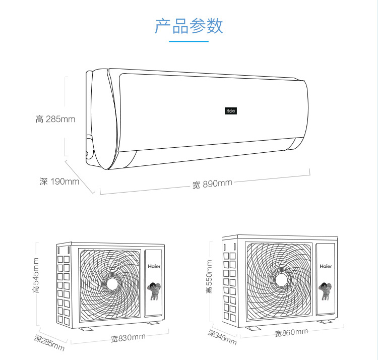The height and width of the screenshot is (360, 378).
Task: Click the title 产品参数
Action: click(x=189, y=26)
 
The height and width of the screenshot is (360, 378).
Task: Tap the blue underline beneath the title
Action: click(x=188, y=41)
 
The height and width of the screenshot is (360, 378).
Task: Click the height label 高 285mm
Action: click(x=55, y=119)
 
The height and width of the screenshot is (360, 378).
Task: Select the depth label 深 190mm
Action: click(x=59, y=182)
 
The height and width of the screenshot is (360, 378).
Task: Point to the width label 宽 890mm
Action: click(x=212, y=184)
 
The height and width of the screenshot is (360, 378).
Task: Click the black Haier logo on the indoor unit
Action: click(x=231, y=111)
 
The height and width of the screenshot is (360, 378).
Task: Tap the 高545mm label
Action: click(x=36, y=275)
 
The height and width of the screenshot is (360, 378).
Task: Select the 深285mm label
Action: click(x=49, y=343)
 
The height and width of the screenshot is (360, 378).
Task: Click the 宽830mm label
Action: click(x=128, y=338)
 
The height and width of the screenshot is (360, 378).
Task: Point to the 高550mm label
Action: click(x=209, y=276)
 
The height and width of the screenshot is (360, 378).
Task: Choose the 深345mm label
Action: click(x=222, y=337)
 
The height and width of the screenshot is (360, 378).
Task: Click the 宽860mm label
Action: click(x=291, y=332)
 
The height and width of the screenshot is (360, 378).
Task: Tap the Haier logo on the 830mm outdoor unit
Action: click(x=154, y=266)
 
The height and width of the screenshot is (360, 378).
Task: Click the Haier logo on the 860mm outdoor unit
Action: click(x=326, y=266)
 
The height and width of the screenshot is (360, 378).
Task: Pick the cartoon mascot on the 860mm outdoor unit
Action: click(x=325, y=291)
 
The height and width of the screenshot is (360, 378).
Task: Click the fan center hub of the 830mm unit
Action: click(x=112, y=284)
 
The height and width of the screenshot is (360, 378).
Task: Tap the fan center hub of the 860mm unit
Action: click(x=281, y=280)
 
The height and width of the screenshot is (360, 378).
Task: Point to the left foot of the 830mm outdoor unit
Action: click(x=85, y=329)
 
